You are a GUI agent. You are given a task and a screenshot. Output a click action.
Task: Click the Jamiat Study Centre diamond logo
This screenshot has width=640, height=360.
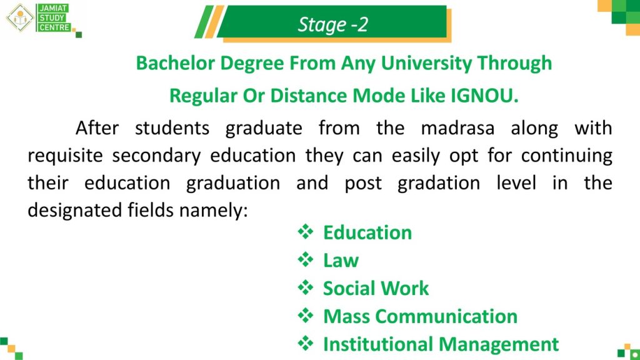point(19,17)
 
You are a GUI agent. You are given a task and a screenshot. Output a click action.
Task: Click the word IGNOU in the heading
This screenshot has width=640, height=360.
point(484,96)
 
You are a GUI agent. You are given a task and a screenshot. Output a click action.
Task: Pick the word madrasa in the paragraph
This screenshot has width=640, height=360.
point(457,128)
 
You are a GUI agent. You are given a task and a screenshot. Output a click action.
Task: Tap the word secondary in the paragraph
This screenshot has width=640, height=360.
point(156,156)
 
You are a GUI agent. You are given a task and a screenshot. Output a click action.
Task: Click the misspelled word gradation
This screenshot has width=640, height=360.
point(439,183)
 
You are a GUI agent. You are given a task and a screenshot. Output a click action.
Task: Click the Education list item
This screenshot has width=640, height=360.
point(367,232)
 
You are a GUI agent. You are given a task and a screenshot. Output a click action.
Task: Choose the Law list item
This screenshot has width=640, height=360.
point(341,261)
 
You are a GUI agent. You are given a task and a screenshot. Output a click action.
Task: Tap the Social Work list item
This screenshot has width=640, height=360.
point(376,288)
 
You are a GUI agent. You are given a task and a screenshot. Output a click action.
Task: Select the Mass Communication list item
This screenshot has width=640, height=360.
point(421,316)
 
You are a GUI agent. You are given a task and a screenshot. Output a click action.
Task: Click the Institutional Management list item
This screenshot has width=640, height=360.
point(441,344)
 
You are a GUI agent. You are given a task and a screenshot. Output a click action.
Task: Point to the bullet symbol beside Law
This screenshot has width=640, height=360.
point(305,259)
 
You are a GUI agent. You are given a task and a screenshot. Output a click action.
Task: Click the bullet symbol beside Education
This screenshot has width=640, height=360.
point(305,232)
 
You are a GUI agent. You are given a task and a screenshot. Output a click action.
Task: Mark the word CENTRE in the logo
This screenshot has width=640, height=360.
point(54,27)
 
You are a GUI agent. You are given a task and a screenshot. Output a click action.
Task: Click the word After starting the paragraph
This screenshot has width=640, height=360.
point(97,128)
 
